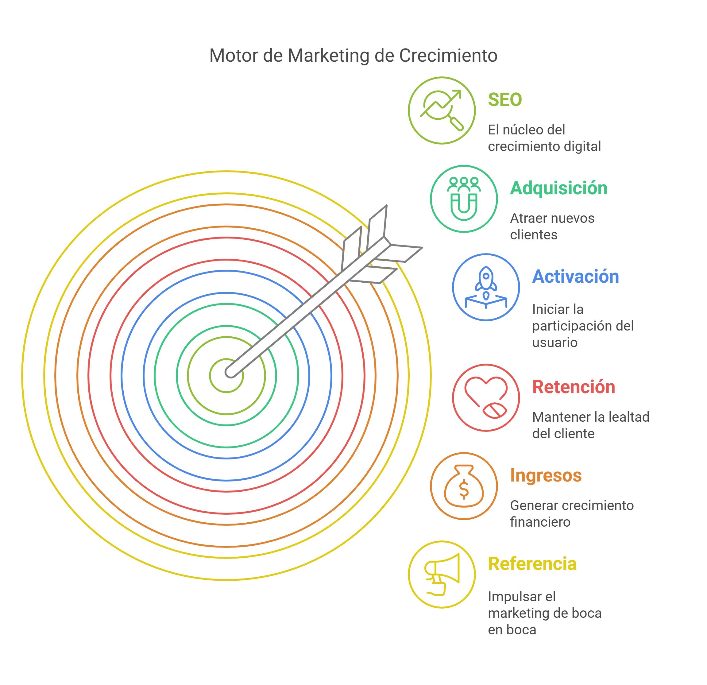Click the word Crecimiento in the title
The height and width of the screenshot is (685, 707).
pos(448,56)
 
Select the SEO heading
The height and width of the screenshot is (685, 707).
pos(505,100)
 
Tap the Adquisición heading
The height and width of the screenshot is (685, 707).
pos(558,188)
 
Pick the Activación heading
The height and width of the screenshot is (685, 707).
pos(575,277)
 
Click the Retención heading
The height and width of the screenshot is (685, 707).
pos(574,387)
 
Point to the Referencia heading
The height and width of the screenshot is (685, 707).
pos(532,564)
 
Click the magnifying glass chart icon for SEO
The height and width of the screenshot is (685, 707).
pos(442,110)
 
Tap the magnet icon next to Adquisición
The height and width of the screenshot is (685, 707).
pos(464,199)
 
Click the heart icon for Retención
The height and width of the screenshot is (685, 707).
pos(486,397)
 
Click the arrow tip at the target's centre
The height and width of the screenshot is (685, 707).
pos(230,372)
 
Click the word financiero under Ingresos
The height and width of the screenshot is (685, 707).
pos(540,522)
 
